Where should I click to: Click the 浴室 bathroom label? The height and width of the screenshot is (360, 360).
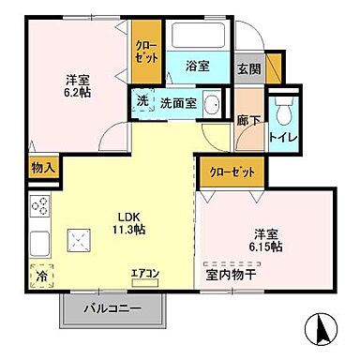[x=197, y=67]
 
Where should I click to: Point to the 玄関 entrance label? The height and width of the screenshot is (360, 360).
[x=248, y=68]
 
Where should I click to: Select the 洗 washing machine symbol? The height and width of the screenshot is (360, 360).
[x=141, y=101]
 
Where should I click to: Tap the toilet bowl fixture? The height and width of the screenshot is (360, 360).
[x=285, y=111]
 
